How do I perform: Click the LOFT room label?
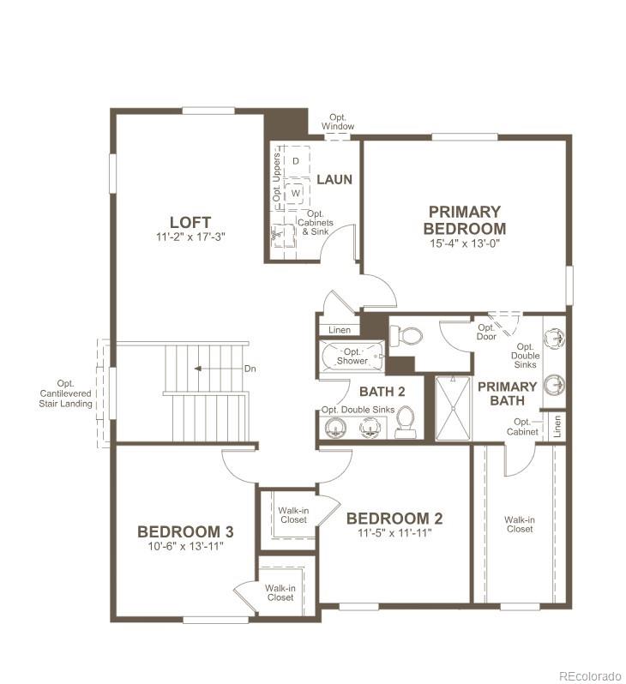pyautogui.click(x=190, y=222)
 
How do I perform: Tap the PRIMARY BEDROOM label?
pyautogui.click(x=464, y=219)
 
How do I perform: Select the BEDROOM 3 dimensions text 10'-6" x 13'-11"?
pyautogui.click(x=185, y=546)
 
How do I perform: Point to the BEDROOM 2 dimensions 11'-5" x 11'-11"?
pyautogui.click(x=394, y=532)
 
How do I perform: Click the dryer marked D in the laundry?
pyautogui.click(x=296, y=160)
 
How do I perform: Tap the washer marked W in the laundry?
pyautogui.click(x=295, y=193)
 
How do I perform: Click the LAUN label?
pyautogui.click(x=334, y=179)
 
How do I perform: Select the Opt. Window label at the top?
pyautogui.click(x=338, y=122)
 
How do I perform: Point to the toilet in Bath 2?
pyautogui.click(x=405, y=423)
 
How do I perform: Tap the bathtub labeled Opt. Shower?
pyautogui.click(x=352, y=357)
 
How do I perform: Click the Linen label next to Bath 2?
pyautogui.click(x=339, y=330)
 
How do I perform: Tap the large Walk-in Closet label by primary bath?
pyautogui.click(x=520, y=524)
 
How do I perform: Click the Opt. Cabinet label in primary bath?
pyautogui.click(x=523, y=426)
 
